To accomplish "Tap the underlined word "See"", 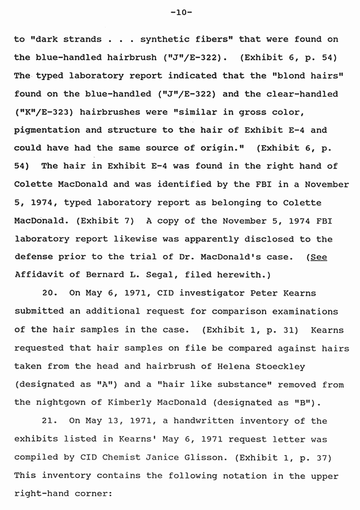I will tap(319, 257).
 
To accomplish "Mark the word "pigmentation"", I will tap(47, 130).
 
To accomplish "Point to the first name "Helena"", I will tap(232, 366).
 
